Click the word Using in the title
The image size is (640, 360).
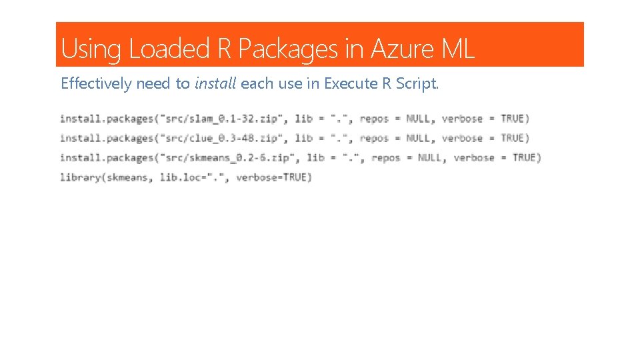[x=91, y=49]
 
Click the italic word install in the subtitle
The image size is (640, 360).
[x=215, y=84]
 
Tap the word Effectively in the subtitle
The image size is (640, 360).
[x=95, y=84]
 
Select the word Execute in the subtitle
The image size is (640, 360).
[x=349, y=84]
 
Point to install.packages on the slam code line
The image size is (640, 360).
[x=106, y=119]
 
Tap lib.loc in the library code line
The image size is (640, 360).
[x=181, y=177]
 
